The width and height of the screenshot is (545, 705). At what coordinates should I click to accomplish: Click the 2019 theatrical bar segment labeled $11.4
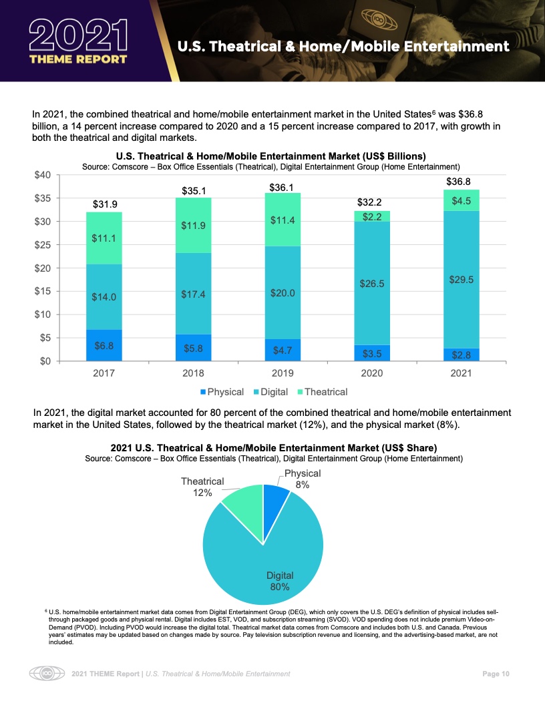[283, 220]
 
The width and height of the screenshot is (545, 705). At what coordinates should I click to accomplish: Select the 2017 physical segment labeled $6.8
[104, 346]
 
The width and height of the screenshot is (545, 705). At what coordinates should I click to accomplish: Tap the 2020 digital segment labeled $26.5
[372, 283]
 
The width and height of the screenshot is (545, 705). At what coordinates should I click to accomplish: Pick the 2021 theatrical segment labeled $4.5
[462, 200]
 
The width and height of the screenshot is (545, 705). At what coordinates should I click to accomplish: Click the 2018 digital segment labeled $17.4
[193, 294]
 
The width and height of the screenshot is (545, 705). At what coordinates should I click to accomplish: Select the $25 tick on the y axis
[42, 244]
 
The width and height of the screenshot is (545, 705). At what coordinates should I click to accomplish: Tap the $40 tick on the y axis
[42, 175]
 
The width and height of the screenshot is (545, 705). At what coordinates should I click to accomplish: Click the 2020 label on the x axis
[372, 373]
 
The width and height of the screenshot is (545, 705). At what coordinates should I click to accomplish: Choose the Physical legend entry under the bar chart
[222, 391]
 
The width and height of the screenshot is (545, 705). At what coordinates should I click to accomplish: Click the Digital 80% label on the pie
[280, 581]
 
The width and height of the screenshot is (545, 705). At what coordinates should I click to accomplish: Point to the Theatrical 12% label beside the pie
[202, 487]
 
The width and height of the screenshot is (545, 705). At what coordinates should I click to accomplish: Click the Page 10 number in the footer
[496, 674]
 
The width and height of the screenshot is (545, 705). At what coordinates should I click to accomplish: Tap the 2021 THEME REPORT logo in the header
[78, 41]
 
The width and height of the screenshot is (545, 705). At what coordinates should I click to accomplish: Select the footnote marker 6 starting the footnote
[46, 610]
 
